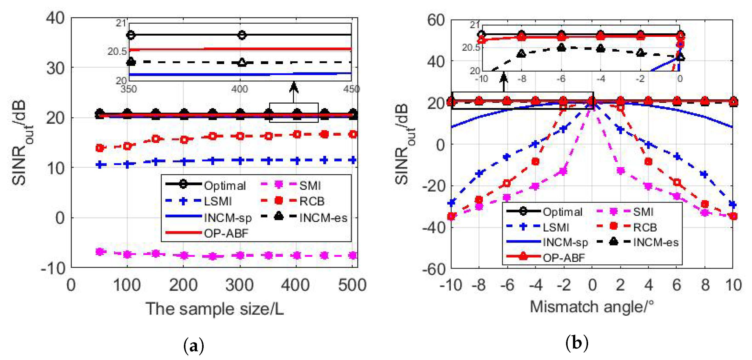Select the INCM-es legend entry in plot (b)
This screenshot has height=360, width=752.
click(656, 242)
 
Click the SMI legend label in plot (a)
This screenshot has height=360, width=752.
click(310, 186)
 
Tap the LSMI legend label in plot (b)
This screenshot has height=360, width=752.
click(556, 227)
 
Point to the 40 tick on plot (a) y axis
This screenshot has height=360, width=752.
click(55, 18)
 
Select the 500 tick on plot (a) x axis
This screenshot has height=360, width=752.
click(352, 285)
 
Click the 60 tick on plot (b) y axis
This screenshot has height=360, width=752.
click(436, 20)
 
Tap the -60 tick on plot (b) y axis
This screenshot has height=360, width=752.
click(433, 269)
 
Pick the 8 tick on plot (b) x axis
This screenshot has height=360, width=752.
click(705, 285)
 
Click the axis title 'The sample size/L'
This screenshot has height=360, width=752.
click(215, 309)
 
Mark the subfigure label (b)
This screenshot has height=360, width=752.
click(577, 343)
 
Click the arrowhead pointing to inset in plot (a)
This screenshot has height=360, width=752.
click(294, 87)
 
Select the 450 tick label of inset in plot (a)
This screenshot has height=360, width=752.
click(351, 89)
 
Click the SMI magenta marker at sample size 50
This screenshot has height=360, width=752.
click(100, 252)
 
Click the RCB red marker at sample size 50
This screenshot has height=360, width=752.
click(100, 148)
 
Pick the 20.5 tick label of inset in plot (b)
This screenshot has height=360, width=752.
click(471, 47)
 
